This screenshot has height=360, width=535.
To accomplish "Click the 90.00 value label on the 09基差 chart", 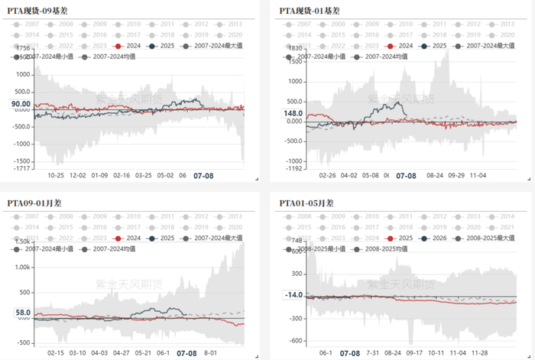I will [x=21, y=104].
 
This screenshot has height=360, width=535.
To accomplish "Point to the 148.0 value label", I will [x=293, y=114].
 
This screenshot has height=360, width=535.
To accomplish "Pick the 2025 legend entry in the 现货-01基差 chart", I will [x=436, y=46].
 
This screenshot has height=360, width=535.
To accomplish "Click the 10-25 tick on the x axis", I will [x=57, y=175].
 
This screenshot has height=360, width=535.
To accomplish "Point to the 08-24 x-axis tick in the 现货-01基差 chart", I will [x=435, y=175].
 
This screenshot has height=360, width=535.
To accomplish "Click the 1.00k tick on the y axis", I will [x=21, y=268].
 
